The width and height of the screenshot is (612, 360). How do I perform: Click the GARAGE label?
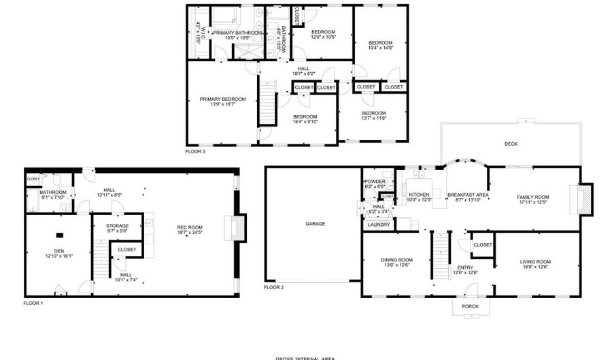315,224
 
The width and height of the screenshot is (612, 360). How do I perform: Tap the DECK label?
511,144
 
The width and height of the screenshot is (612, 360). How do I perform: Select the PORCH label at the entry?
470,307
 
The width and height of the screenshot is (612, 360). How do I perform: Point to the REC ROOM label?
190,227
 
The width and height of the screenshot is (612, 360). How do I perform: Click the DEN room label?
59,251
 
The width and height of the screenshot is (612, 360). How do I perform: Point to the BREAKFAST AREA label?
469,195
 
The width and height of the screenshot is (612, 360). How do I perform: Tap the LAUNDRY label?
378,225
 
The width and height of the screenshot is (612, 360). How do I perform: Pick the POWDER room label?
375,182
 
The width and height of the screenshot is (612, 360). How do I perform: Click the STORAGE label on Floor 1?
118,226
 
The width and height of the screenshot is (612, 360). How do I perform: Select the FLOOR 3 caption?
195,151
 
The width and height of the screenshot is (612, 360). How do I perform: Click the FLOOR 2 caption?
273,288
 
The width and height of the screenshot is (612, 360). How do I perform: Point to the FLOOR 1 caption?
33,302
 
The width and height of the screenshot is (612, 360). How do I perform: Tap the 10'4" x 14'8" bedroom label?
381,43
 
